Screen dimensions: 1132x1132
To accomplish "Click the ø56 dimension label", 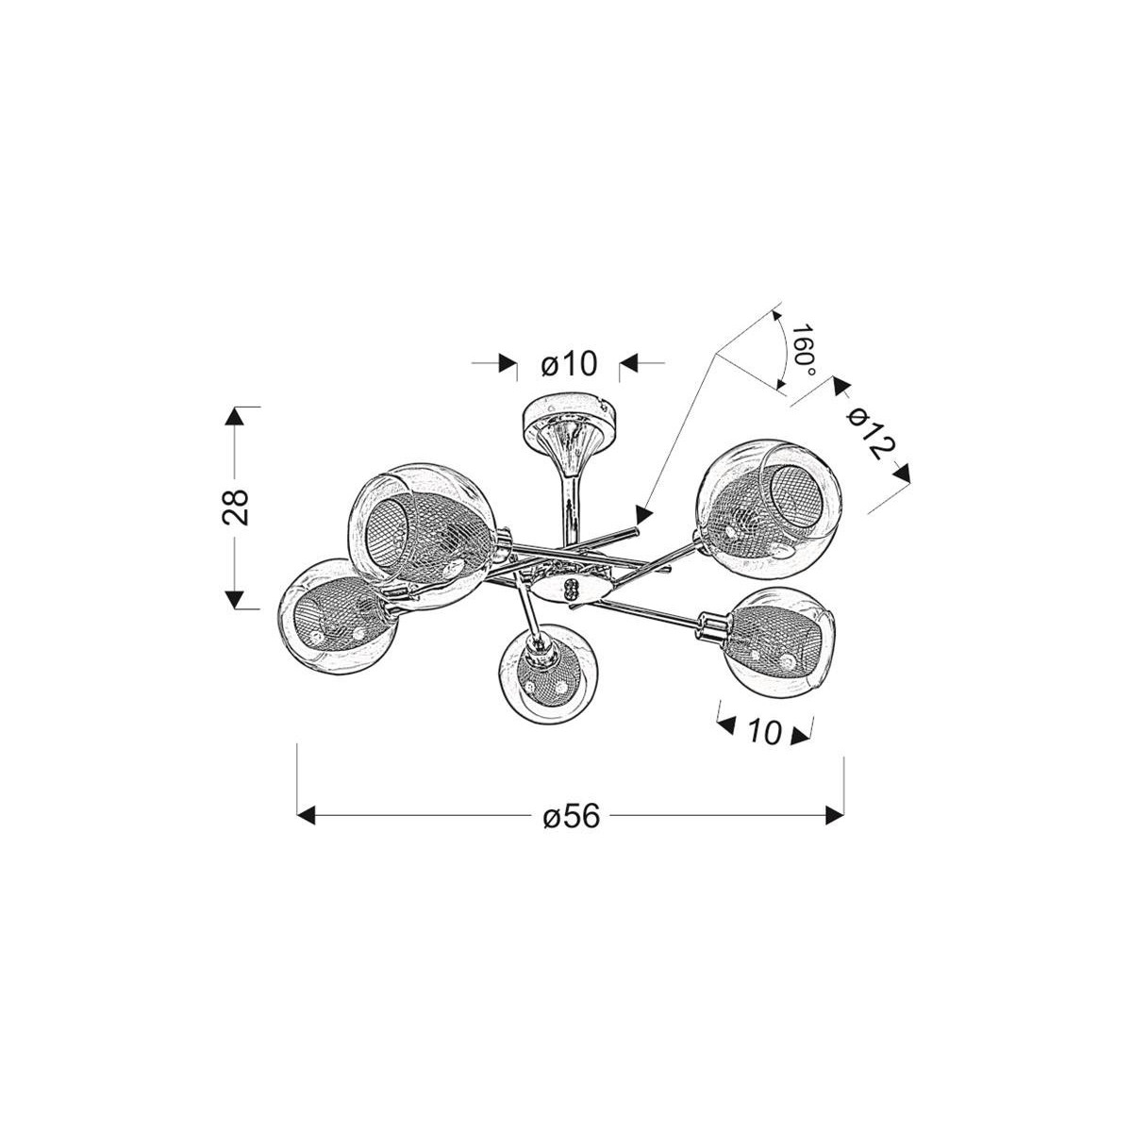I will [572, 817].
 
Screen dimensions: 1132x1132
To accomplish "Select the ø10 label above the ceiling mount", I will [570, 364].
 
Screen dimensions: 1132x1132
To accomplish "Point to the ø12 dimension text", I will [869, 435].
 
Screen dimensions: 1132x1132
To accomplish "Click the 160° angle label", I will [803, 350].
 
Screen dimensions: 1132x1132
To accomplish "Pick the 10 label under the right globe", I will [764, 731].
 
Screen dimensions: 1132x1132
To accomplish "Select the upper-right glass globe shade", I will [766, 509].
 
